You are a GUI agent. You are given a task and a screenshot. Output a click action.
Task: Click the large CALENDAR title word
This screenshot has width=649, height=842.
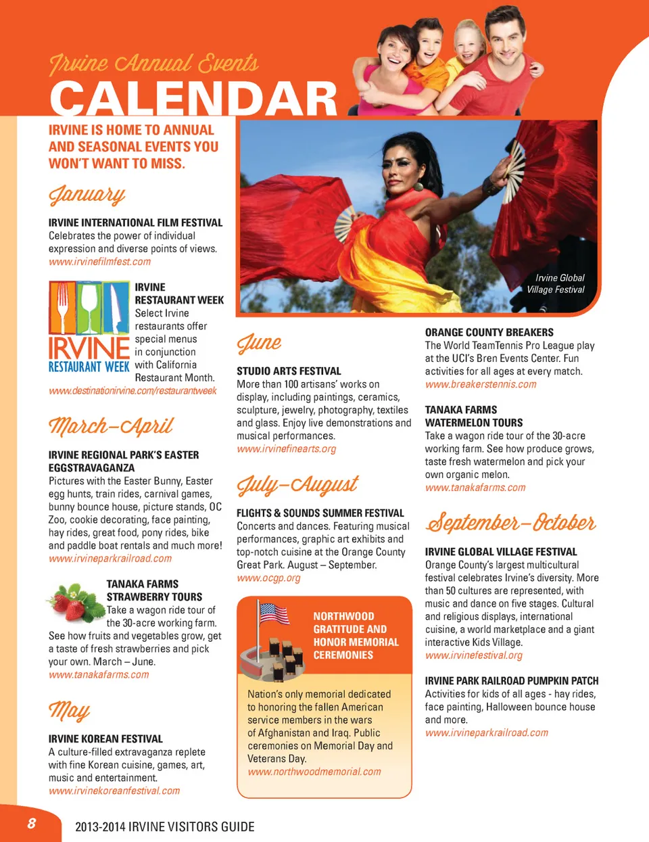[x=193, y=99]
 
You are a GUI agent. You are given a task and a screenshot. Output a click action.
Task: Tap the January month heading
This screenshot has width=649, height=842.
[x=87, y=195]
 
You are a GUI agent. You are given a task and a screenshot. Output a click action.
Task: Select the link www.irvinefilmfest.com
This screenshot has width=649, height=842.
[x=99, y=262]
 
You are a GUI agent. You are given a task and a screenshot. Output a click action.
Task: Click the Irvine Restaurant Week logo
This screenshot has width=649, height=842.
[x=89, y=327]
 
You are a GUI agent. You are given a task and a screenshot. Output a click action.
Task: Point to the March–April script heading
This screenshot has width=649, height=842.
[x=111, y=426]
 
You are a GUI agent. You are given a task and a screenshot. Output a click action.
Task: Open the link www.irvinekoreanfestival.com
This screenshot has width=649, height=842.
[x=114, y=791]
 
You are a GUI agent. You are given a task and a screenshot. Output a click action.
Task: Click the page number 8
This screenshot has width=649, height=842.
[x=31, y=823]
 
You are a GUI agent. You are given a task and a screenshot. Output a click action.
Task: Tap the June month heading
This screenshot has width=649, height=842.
[x=259, y=343]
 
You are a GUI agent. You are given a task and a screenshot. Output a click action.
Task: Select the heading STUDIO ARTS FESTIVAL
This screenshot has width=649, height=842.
[x=289, y=371]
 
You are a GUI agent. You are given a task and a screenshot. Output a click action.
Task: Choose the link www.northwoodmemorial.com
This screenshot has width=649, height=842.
[x=314, y=772]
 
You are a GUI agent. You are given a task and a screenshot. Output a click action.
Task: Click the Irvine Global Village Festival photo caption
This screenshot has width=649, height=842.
[x=556, y=283]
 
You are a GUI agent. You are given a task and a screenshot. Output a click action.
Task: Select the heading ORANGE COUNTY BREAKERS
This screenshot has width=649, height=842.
[x=489, y=332]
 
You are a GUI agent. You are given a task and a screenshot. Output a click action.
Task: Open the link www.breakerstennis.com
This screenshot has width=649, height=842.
[x=481, y=384]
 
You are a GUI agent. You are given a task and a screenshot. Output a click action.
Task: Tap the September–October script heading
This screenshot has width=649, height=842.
[x=510, y=523]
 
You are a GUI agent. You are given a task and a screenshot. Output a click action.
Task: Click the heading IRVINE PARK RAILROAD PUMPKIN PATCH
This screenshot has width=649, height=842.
[x=511, y=680]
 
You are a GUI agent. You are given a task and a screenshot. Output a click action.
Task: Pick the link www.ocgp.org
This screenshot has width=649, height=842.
[x=268, y=578]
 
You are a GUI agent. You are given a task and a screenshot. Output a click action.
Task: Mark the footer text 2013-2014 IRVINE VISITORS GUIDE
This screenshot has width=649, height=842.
[x=165, y=826]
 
